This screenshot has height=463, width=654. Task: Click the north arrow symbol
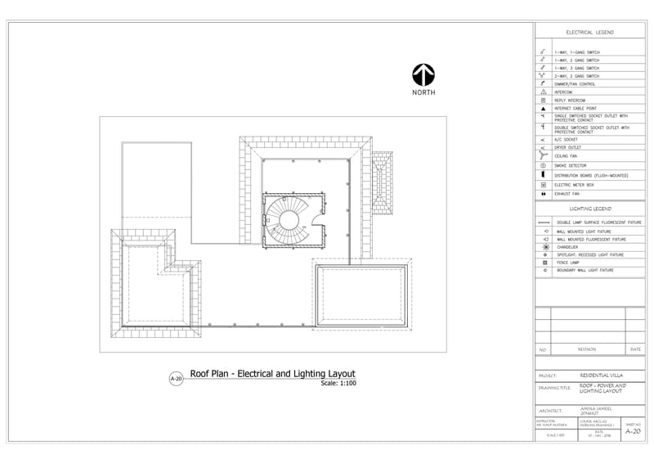point(423,75)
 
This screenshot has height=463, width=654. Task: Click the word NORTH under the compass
point(423,92)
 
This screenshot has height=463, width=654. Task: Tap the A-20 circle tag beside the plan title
point(175,379)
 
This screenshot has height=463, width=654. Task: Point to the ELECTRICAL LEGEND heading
point(589,33)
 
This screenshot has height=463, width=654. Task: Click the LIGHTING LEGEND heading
point(589,209)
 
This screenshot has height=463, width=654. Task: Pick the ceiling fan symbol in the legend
point(544,155)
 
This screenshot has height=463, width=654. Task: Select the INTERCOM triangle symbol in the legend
point(544,92)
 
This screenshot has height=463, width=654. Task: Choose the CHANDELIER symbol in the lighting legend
point(544,247)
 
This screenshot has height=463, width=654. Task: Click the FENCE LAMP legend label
point(568,263)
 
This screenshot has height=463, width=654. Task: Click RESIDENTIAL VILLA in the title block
point(601,376)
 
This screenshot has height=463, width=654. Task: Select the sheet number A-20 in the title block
point(633,431)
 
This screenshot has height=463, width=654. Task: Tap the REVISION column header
point(587,349)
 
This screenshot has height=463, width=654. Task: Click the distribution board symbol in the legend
point(544,175)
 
